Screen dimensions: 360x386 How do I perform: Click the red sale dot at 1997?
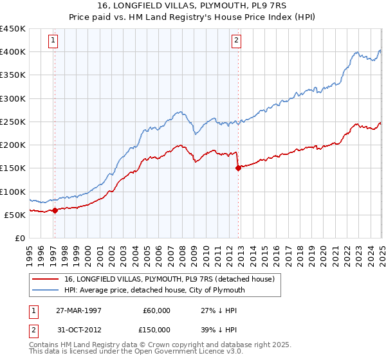click(55, 210)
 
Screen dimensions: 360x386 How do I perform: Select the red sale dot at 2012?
click(238, 168)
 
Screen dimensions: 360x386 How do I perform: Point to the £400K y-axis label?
click(13, 52)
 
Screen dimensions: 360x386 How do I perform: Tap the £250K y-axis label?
click(13, 122)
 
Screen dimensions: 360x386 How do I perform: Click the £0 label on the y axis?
click(19, 238)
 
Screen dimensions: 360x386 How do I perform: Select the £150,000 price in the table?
click(157, 330)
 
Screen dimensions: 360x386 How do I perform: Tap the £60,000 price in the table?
click(157, 310)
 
